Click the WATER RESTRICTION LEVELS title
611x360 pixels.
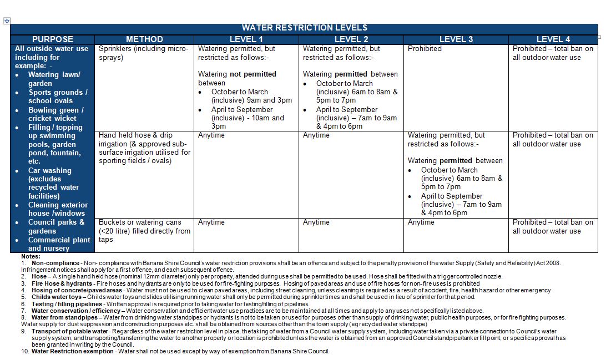coord(304,28)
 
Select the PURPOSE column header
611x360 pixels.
coord(53,39)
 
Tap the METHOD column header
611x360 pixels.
coord(144,39)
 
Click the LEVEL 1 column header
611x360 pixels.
coord(246,39)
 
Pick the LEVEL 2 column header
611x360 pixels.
coord(351,39)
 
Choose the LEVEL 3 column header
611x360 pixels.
coord(456,39)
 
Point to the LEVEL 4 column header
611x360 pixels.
coord(553,39)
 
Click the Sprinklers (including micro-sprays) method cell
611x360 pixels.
coord(144,53)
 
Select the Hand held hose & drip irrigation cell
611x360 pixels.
coord(144,148)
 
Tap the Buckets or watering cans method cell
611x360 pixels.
coord(144,231)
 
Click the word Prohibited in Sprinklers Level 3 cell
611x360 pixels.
coord(425,49)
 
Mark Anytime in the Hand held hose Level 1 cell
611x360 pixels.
coord(211,135)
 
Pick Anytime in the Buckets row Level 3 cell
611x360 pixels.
coord(421,222)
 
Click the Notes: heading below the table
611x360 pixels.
coord(31,256)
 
